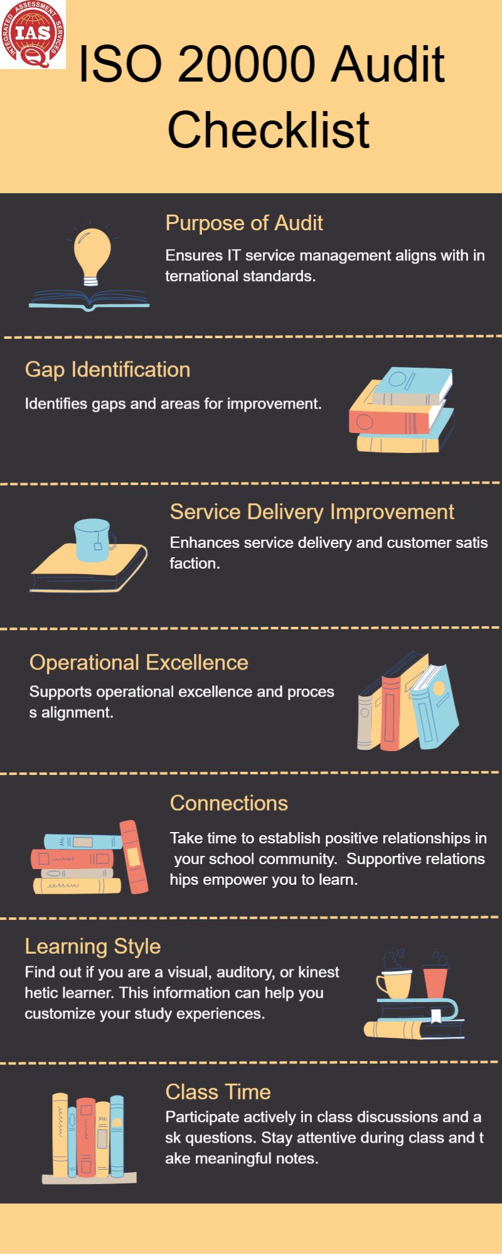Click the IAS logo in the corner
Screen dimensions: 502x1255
(x=33, y=34)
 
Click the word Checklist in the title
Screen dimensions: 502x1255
(x=269, y=129)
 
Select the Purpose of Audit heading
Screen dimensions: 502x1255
(x=244, y=223)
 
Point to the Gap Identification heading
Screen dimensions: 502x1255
(x=107, y=370)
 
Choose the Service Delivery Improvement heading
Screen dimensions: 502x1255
(x=312, y=512)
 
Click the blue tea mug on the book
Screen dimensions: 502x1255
(x=95, y=540)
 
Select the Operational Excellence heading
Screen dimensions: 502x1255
(x=139, y=663)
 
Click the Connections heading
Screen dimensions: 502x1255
(x=229, y=803)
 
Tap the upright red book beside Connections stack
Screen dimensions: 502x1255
(x=134, y=857)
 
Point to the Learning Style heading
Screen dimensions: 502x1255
(x=93, y=946)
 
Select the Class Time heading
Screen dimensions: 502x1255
(x=218, y=1092)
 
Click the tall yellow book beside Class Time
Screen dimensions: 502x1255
(x=60, y=1136)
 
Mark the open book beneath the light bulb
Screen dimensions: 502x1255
(x=89, y=300)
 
